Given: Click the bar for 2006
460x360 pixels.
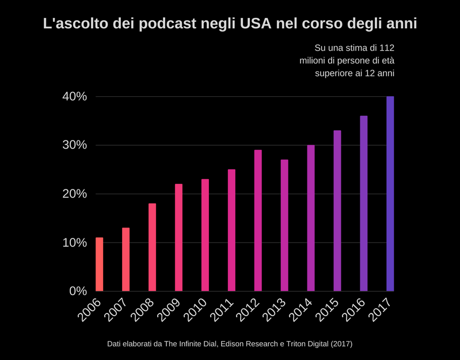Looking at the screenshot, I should (x=99, y=264).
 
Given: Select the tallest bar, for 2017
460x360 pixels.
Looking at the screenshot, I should (x=390, y=194).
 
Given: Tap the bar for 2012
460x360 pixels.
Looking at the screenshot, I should (x=258, y=221).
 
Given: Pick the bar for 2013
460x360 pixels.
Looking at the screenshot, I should (x=284, y=225).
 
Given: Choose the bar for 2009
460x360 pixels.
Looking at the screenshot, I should (x=178, y=237).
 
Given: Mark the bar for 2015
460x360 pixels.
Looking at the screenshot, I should (x=337, y=211).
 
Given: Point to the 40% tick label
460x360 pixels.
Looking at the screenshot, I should (x=75, y=97).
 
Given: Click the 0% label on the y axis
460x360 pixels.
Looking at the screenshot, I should (x=78, y=291).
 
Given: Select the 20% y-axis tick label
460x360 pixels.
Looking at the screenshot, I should (x=75, y=194).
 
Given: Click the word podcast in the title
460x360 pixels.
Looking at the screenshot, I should (x=166, y=25).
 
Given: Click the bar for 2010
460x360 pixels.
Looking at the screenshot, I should (x=205, y=235).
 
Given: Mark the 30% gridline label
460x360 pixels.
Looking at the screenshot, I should (x=75, y=145).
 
